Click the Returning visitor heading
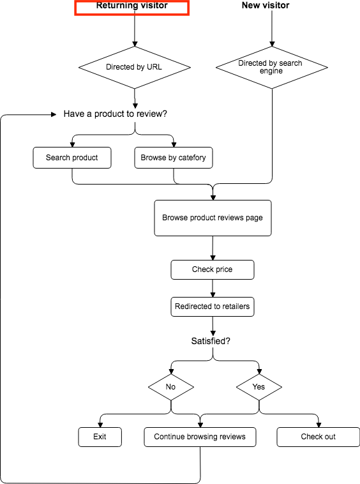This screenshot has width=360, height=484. [131, 5]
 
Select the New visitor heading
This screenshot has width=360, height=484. [266, 5]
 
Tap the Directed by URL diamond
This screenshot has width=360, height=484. [135, 67]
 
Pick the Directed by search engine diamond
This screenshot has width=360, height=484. [272, 67]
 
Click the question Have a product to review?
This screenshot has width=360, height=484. [115, 114]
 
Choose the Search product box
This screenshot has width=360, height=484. [72, 158]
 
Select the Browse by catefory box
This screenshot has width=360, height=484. [174, 158]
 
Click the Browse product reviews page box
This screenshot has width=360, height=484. [213, 218]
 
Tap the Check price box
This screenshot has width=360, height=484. [213, 270]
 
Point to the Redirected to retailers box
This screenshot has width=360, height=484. [213, 307]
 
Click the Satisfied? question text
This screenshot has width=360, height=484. [211, 341]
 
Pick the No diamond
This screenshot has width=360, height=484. [171, 387]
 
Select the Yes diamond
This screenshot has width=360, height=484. [259, 387]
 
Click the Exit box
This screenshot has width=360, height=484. [100, 437]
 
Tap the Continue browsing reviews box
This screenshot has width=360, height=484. [200, 437]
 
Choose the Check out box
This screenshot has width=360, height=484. [319, 437]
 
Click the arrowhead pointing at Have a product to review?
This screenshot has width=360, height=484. [54, 114]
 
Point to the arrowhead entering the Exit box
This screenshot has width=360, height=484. [100, 425]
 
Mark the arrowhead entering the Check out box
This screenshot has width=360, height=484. [319, 425]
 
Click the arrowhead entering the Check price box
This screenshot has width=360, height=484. [213, 257]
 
